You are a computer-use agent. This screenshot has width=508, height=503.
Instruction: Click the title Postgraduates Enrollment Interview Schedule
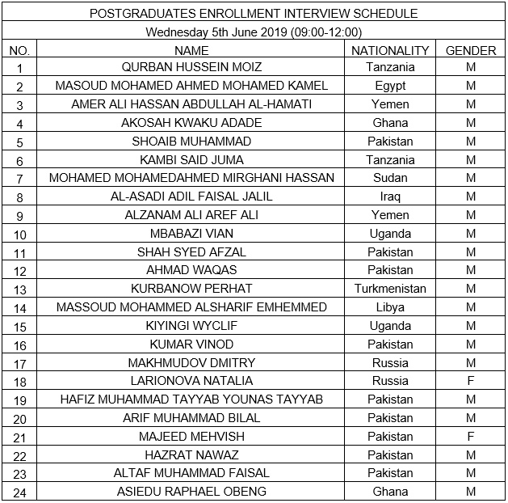pyautogui.click(x=254, y=14)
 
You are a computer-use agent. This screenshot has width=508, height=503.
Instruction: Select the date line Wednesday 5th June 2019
pyautogui.click(x=254, y=32)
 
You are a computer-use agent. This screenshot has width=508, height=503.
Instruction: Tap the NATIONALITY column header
pyautogui.click(x=390, y=50)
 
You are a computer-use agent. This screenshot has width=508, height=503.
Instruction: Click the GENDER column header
pyautogui.click(x=471, y=50)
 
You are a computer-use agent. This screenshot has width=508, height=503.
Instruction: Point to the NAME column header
pyautogui.click(x=191, y=50)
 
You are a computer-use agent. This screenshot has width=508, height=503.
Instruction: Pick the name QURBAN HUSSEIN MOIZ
pyautogui.click(x=191, y=67)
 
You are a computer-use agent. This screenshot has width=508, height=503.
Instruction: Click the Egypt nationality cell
pyautogui.click(x=390, y=86)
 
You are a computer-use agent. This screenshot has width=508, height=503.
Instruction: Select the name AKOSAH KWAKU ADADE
pyautogui.click(x=191, y=123)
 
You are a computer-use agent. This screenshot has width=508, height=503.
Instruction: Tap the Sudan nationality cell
pyautogui.click(x=390, y=178)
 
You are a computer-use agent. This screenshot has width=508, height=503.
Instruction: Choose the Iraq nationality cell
pyautogui.click(x=390, y=197)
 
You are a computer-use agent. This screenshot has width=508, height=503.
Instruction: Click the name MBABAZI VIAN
pyautogui.click(x=191, y=234)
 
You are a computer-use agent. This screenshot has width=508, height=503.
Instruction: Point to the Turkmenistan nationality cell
pyautogui.click(x=390, y=289)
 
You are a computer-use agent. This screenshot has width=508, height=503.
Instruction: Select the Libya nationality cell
pyautogui.click(x=390, y=307)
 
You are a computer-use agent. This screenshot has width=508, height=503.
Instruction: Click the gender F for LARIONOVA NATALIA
pyautogui.click(x=471, y=381)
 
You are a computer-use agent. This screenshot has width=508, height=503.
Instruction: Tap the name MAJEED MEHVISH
pyautogui.click(x=191, y=437)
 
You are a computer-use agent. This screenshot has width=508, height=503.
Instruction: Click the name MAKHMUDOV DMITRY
pyautogui.click(x=191, y=363)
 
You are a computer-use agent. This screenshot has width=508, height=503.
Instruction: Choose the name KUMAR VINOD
pyautogui.click(x=191, y=344)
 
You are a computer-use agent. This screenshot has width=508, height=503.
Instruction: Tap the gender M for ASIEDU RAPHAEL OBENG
pyautogui.click(x=471, y=492)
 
